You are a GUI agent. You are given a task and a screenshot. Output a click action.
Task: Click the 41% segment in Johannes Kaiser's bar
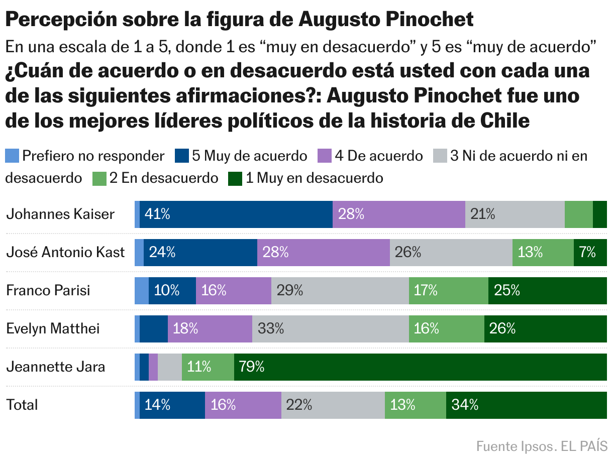(236, 214)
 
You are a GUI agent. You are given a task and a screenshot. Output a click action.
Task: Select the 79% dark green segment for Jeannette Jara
(420, 367)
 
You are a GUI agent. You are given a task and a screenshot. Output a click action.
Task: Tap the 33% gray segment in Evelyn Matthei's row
(330, 329)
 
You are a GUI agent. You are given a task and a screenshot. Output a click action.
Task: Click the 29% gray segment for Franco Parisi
(340, 291)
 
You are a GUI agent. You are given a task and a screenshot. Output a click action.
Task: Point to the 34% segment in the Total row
(526, 405)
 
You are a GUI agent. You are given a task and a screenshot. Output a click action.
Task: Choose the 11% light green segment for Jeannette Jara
(208, 367)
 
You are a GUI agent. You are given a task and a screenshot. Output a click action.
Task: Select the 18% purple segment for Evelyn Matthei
(210, 329)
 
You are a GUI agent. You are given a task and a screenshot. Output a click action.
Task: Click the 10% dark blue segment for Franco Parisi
(172, 291)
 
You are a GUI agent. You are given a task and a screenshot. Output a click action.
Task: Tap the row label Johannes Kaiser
(60, 214)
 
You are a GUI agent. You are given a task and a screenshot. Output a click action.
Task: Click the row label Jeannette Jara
(56, 367)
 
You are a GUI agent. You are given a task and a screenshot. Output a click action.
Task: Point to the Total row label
(22, 405)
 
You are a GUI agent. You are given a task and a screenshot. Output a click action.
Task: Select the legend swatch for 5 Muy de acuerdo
(181, 156)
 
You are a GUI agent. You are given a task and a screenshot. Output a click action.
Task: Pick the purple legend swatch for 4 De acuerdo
(324, 156)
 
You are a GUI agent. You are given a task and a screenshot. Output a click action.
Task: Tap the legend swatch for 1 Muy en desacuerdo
(235, 178)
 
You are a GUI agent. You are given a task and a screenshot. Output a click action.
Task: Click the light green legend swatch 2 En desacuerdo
(99, 178)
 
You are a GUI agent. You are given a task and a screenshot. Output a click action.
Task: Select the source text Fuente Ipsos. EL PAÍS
(541, 446)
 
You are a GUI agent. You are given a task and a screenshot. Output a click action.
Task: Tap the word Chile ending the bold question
(505, 121)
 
